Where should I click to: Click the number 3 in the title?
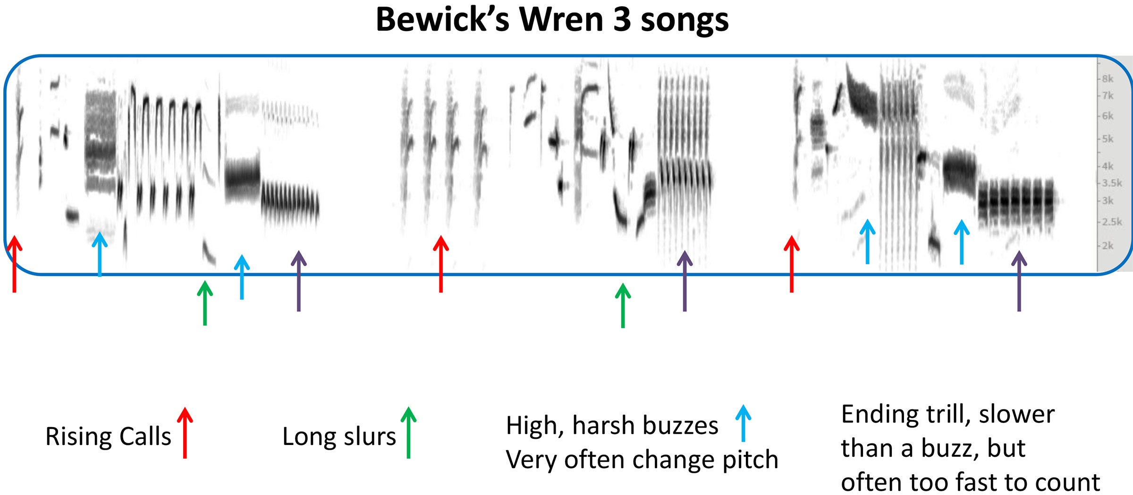tap(623, 20)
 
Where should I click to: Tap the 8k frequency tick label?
tap(1108, 79)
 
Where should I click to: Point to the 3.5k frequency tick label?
tap(1112, 183)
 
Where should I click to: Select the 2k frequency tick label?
tap(1108, 245)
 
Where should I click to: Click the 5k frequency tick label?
tap(1108, 139)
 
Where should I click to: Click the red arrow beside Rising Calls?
tap(185, 433)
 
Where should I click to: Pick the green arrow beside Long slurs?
tap(408, 433)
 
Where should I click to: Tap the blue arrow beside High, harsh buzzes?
tap(743, 423)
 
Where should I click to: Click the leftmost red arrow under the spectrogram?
tap(15, 264)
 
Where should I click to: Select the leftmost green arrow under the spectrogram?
tap(204, 303)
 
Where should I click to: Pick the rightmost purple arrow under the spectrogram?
tap(1019, 281)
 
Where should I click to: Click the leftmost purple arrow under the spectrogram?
tap(298, 281)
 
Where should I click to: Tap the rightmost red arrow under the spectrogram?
tap(792, 264)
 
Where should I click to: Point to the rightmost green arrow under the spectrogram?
tap(623, 305)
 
